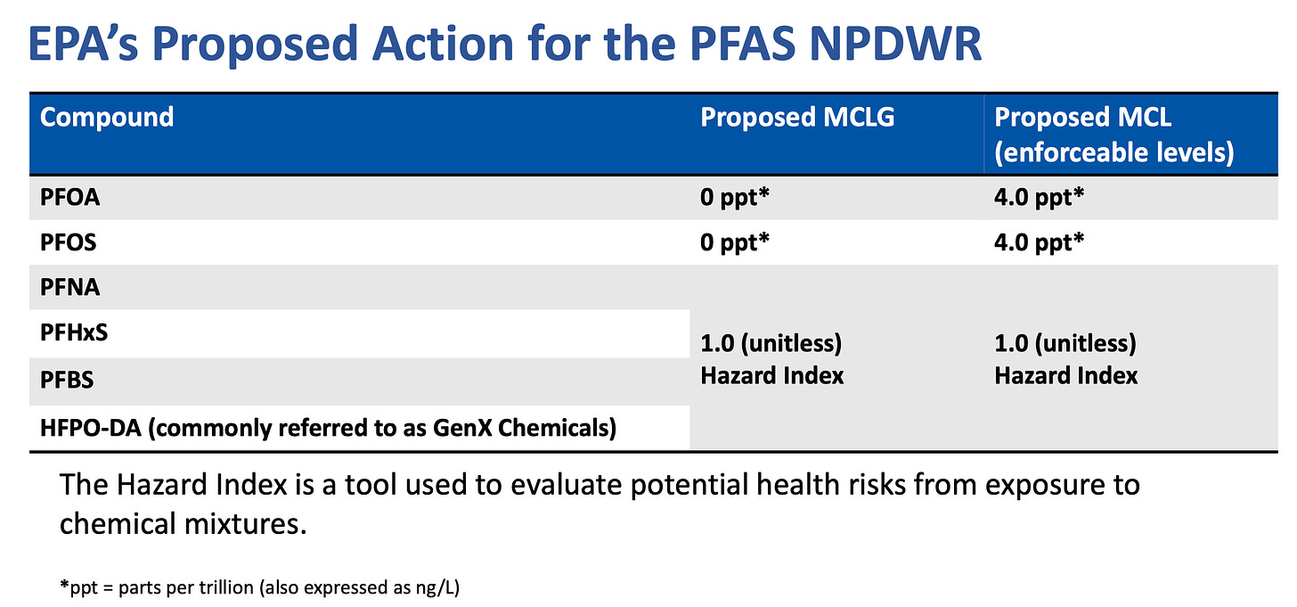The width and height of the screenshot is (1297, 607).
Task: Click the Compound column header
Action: coord(107,118)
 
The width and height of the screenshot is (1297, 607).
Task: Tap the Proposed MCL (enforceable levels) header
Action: coord(1113,135)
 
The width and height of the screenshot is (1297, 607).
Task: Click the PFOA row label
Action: coord(70,198)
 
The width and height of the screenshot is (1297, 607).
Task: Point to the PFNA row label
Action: coord(69,288)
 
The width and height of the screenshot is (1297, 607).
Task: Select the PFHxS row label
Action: coord(74,333)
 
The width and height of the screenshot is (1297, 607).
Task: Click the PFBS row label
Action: coord(68,380)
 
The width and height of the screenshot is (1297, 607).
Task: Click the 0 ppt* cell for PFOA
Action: coord(734,198)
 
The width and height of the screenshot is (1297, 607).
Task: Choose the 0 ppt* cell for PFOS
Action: coord(734,242)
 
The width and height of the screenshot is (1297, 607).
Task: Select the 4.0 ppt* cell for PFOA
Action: coord(1039,198)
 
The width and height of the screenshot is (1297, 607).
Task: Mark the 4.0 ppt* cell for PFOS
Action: coord(1039,242)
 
